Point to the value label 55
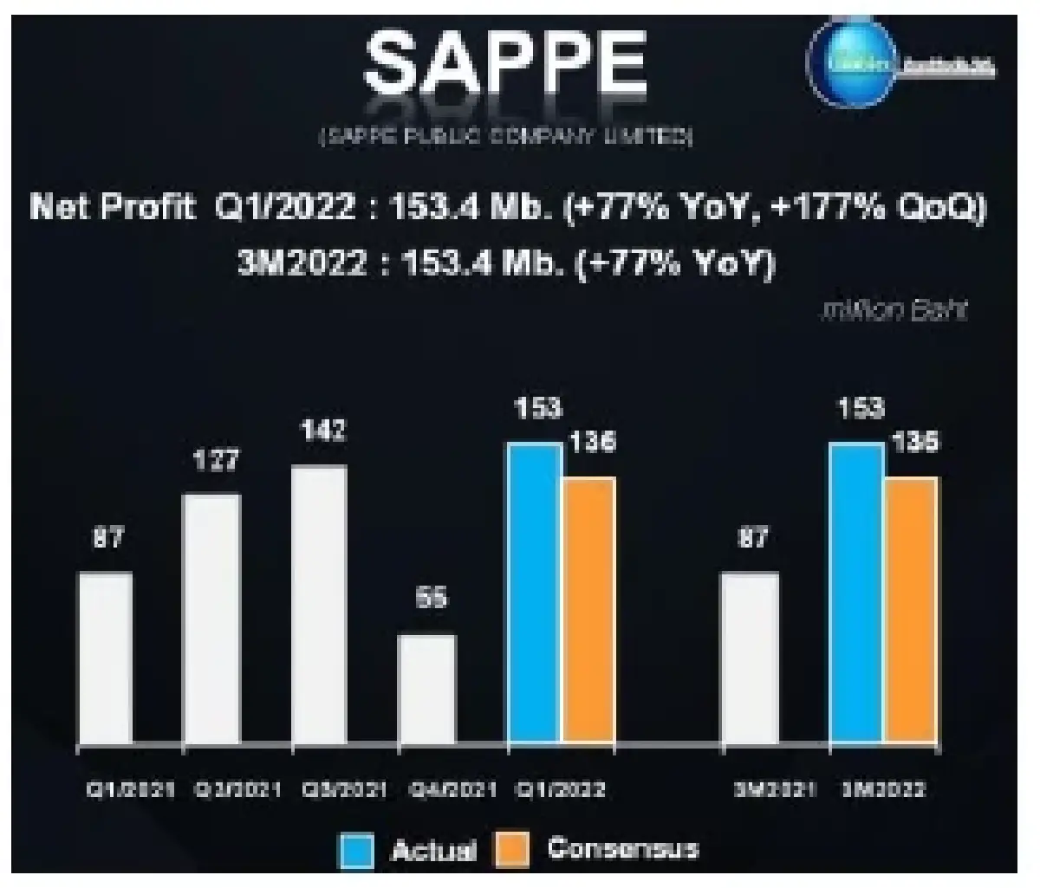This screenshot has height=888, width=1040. pos(431,598)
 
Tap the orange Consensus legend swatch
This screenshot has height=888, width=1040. pos(510,850)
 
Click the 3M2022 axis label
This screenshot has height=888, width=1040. pos(884,790)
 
